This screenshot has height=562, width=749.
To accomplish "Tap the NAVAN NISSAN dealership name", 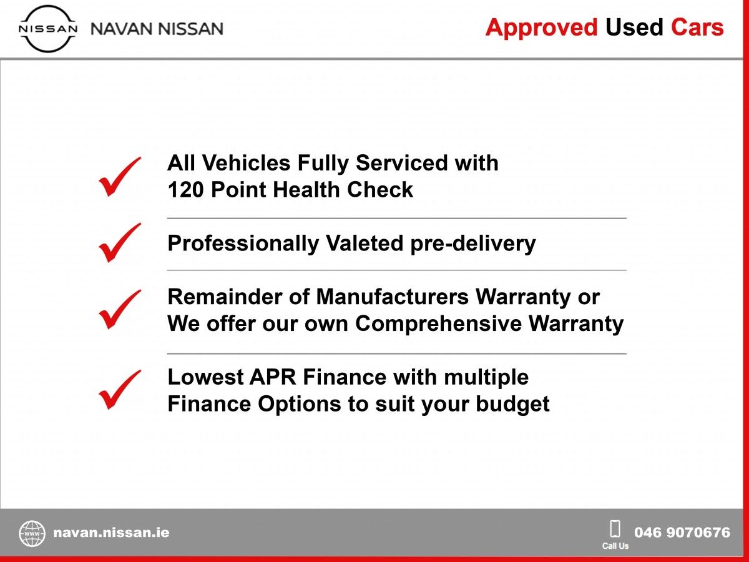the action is coord(157,29).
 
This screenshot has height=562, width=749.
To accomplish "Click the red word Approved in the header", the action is coord(541,27).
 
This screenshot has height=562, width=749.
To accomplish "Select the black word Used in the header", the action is coord(634,27).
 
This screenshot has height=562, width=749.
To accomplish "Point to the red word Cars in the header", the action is coord(697,27).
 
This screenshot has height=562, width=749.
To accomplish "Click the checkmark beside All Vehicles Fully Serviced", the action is coord(119,177).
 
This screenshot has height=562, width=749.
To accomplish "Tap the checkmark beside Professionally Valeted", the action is coord(119,243).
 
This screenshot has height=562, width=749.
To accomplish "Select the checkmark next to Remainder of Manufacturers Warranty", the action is coord(119,309).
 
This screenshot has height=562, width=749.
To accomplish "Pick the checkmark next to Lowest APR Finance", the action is coord(119,389).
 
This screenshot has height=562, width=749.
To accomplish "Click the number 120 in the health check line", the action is coord(185,190).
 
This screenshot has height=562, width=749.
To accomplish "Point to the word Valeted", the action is coord(365,244).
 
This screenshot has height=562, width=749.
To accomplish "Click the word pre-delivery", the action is coord(473,244).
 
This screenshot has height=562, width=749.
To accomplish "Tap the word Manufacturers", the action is coord(393,297).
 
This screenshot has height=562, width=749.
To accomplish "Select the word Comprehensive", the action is coord(439,323).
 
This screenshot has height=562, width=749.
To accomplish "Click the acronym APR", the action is coord(273,377).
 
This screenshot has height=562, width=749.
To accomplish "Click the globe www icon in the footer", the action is coord(32,534).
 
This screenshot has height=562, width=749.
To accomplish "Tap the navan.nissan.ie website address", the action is coord(111,533).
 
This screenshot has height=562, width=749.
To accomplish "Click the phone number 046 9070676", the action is coord(682,532).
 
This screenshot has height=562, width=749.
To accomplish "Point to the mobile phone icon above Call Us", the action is coord(615,528).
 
